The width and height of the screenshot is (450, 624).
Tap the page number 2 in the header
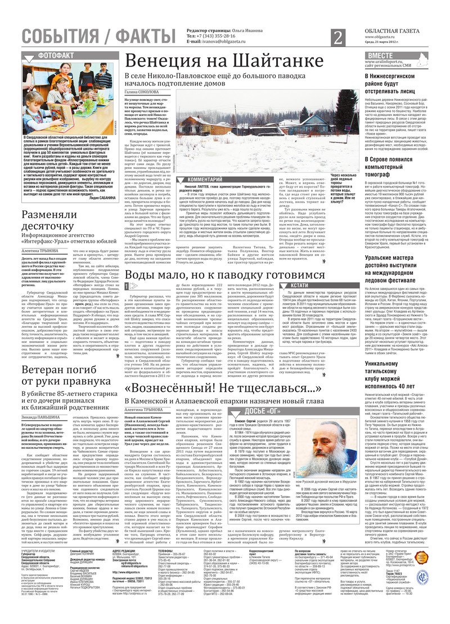[337, 38]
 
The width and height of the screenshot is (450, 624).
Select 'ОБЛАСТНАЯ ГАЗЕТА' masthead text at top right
[397, 33]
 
